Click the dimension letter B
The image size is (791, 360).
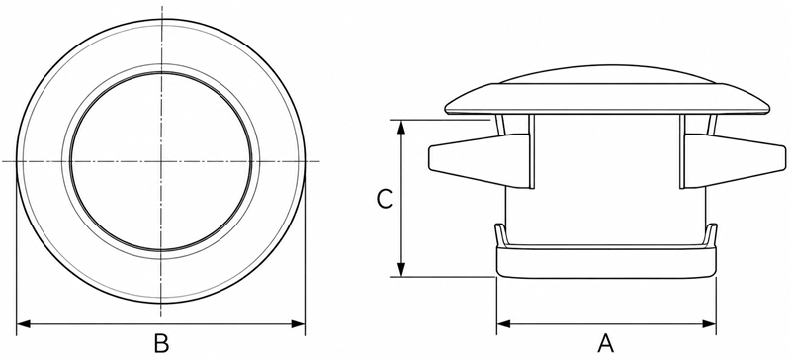[161, 344]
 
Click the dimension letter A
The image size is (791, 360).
[605, 344]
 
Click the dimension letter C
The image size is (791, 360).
[385, 199]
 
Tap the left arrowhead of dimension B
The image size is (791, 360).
[23, 324]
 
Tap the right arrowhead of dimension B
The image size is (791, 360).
[299, 324]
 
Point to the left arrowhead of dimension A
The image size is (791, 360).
[503, 324]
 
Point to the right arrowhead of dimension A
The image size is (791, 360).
[709, 324]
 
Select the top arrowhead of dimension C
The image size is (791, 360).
[401, 127]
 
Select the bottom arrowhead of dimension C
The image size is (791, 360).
[401, 270]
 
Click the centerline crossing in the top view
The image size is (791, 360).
[161, 161]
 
